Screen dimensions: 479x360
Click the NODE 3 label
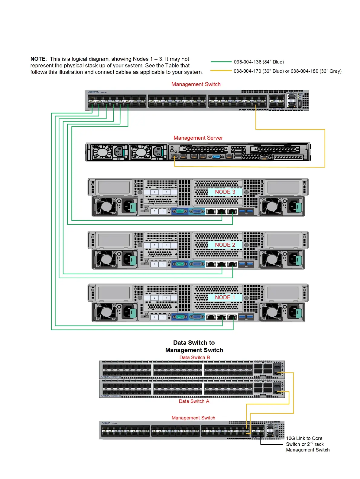pyautogui.click(x=225, y=192)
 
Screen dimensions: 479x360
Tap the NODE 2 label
pyautogui.click(x=225, y=245)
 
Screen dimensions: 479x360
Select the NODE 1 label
pyautogui.click(x=225, y=298)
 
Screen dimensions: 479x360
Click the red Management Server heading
pyautogui.click(x=198, y=138)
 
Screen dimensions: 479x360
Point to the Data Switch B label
pyautogui.click(x=195, y=357)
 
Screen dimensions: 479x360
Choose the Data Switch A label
pyautogui.click(x=194, y=401)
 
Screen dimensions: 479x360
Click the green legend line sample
pyautogui.click(x=221, y=62)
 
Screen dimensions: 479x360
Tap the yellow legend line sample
pyautogui.click(x=221, y=71)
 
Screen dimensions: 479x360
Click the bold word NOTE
pyautogui.click(x=38, y=59)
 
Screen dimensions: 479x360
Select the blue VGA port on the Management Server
pyautogui.click(x=216, y=157)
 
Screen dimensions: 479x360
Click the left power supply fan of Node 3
pyautogui.click(x=106, y=207)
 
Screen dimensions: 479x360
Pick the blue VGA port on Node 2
pyautogui.click(x=197, y=264)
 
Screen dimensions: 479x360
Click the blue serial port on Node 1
pyautogui.click(x=180, y=317)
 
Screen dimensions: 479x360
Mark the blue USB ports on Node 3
pyautogui.click(x=246, y=211)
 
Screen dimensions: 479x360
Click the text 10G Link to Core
pyautogui.click(x=304, y=438)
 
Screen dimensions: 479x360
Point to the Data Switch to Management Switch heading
pyautogui.click(x=194, y=346)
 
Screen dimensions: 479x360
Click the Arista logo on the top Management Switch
pyautogui.click(x=93, y=92)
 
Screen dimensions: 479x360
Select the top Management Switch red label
pyautogui.click(x=196, y=84)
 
